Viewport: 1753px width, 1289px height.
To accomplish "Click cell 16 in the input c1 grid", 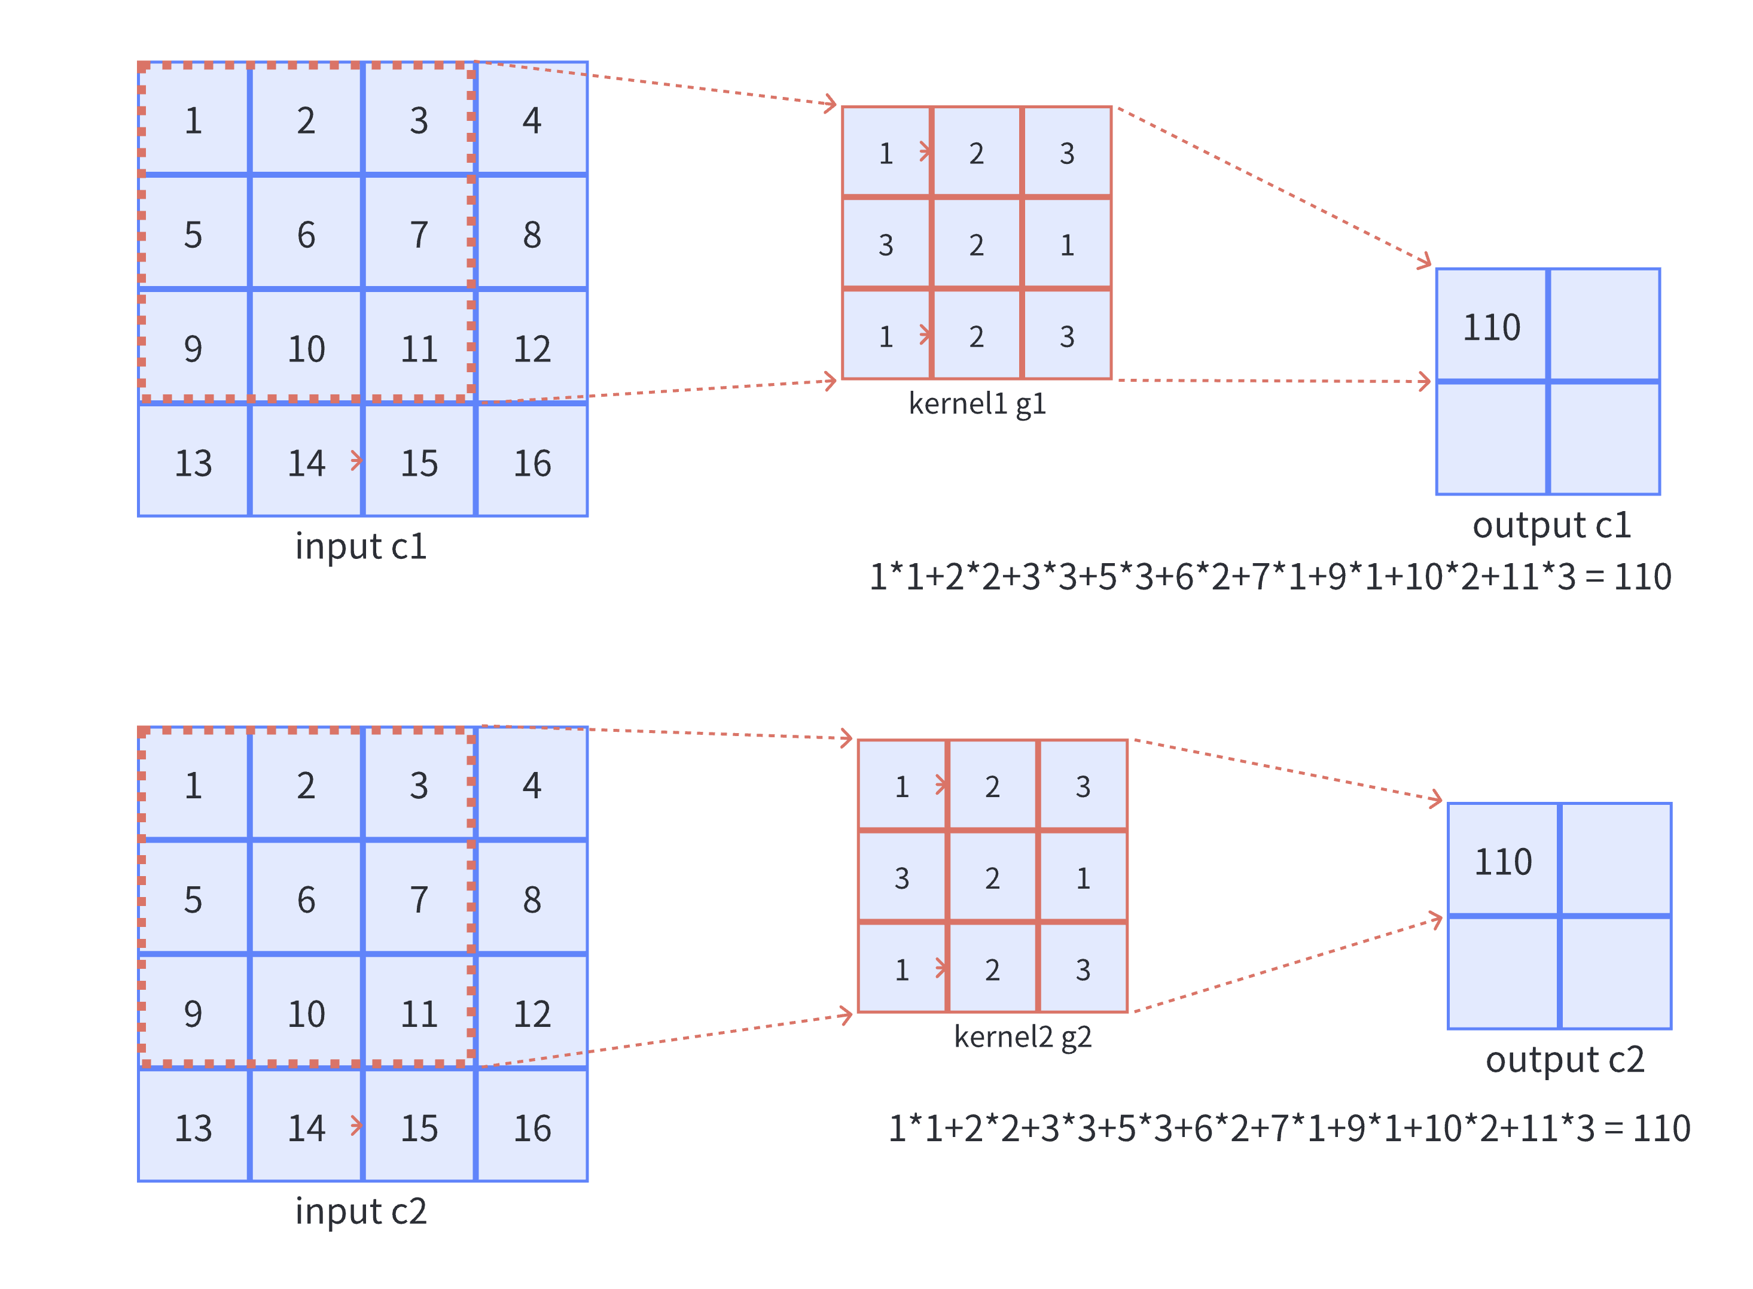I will click(x=532, y=463).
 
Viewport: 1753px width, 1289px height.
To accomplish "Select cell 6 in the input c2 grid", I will click(x=306, y=899).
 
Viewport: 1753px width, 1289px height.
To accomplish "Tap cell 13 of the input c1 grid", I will click(x=193, y=463).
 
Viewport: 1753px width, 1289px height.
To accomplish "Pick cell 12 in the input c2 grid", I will click(x=532, y=1013).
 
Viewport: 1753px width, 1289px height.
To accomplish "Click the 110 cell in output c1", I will click(x=1491, y=326).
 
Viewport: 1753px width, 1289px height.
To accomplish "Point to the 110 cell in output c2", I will click(x=1502, y=861).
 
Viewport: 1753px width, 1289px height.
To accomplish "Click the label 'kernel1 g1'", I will click(x=977, y=403).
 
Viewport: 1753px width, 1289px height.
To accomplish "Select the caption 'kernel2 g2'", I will click(x=1022, y=1036).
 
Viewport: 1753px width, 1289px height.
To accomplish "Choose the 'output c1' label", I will click(x=1551, y=524).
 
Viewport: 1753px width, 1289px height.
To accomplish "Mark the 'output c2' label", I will click(x=1564, y=1059).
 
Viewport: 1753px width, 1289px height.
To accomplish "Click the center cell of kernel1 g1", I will click(x=976, y=244).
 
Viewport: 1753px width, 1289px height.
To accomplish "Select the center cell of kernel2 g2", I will click(x=992, y=878).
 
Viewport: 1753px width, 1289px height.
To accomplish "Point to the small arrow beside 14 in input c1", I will click(x=356, y=460).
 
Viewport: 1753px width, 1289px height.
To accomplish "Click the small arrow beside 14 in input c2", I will click(x=356, y=1125).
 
